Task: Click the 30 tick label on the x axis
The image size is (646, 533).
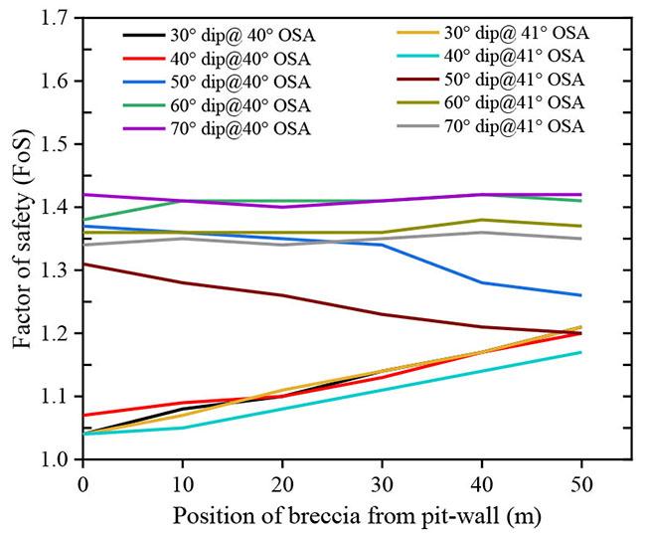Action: pyautogui.click(x=383, y=481)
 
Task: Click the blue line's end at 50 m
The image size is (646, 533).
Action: pyautogui.click(x=581, y=295)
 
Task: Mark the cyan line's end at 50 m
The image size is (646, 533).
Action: pyautogui.click(x=581, y=352)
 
